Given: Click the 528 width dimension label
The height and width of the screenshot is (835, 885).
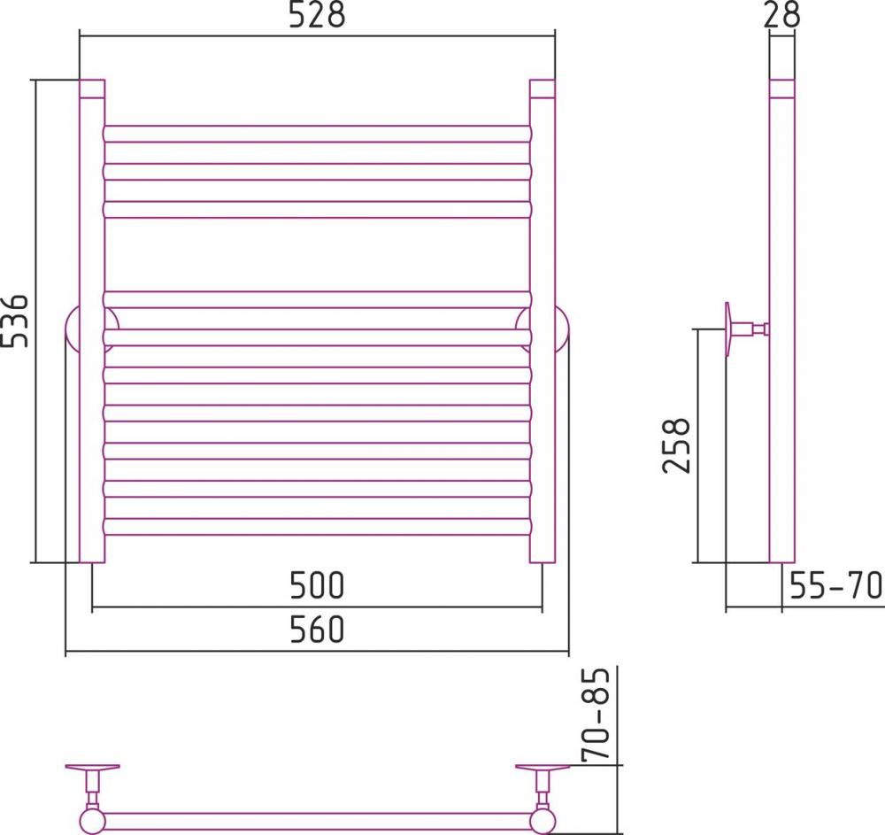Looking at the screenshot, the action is tap(317, 15).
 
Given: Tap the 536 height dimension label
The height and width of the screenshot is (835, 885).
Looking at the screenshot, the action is tap(15, 321).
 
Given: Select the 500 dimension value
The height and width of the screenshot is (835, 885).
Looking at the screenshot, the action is tap(317, 585).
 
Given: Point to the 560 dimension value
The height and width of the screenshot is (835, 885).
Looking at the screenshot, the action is tap(317, 630).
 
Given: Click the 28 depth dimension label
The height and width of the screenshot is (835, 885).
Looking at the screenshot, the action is tap(781, 15).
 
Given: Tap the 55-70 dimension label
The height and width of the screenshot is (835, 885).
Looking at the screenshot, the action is tap(835, 585).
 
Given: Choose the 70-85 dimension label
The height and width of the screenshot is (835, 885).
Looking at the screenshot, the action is tap(596, 715).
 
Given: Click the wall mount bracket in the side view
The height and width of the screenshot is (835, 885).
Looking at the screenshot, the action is tap(745, 329).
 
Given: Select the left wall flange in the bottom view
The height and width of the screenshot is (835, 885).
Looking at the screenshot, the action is tap(92, 767).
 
